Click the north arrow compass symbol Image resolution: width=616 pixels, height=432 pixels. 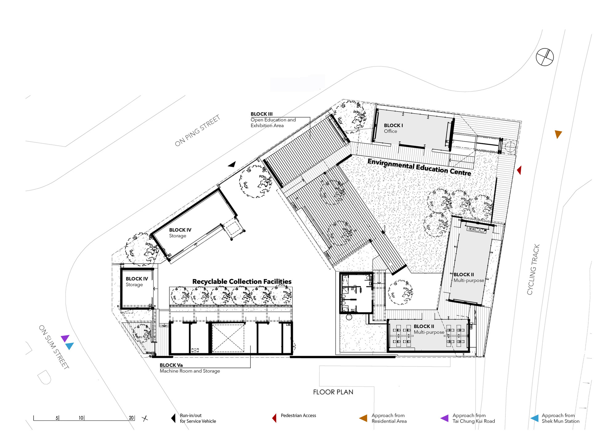coord(545,57)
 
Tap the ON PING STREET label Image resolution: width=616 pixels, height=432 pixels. coord(197,131)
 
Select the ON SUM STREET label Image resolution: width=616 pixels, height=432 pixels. coord(54,347)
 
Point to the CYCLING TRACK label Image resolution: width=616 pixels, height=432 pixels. coord(533,270)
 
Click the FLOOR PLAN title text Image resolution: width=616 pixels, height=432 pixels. coord(333,392)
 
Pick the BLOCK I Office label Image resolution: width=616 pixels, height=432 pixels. coord(393,128)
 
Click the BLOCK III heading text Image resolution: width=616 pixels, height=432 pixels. coord(261,114)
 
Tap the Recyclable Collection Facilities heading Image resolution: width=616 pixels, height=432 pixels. coord(242,281)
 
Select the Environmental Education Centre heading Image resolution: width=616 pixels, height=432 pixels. coord(419,167)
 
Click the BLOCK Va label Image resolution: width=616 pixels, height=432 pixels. coord(171,365)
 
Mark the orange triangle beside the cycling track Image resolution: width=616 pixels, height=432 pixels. coord(558,134)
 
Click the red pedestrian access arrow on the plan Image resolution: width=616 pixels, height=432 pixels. coord(519,170)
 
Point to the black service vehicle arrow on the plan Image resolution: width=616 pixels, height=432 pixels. coord(232,164)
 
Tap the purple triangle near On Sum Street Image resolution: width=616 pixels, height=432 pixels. coord(65,338)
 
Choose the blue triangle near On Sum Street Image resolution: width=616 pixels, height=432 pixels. coord(70,346)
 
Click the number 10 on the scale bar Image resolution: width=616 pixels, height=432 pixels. coord(81,418)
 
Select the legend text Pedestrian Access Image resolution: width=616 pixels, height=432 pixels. coord(298,415)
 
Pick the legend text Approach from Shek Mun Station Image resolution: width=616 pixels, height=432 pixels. coord(561,418)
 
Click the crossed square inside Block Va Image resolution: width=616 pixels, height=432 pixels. coord(228,338)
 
